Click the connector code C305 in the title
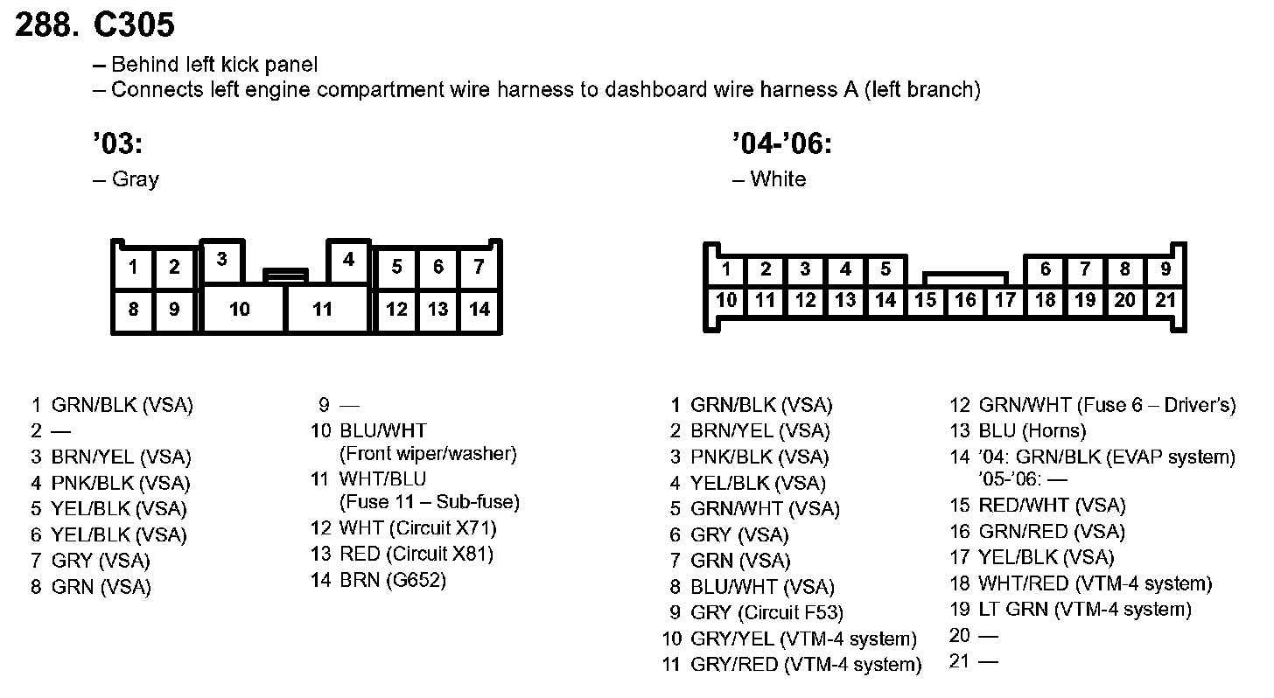134,25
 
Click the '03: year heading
117,143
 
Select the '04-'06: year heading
781,143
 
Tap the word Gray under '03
136,179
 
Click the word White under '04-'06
778,179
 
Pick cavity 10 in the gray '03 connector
240,309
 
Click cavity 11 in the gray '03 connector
323,309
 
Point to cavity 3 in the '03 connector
222,259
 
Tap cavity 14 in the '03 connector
479,309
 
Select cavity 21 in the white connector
1165,301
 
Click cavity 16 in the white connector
965,301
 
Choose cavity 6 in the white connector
1045,269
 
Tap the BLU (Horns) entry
1032,430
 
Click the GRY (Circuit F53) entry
766,613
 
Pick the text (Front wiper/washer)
428,454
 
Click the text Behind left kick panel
214,65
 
